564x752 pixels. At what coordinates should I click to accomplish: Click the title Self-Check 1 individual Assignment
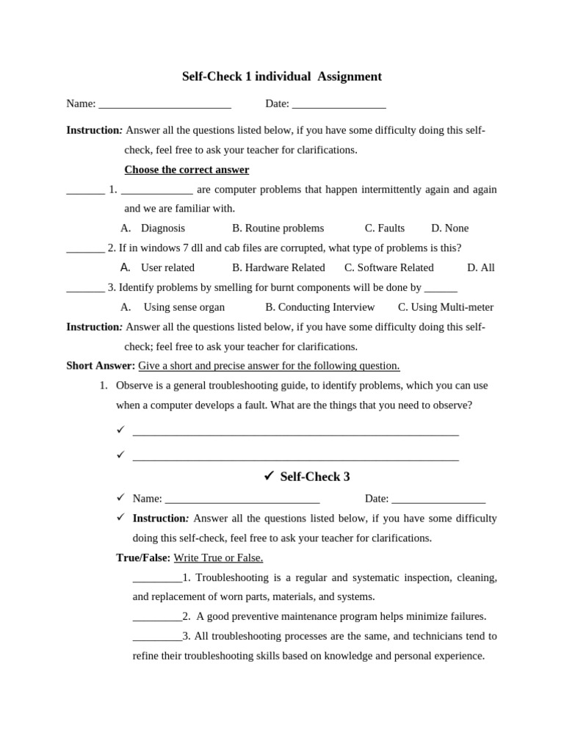282,76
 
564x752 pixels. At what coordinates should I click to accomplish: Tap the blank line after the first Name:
164,105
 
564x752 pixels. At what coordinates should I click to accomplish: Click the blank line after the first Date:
339,105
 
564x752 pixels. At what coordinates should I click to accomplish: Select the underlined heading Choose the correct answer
187,170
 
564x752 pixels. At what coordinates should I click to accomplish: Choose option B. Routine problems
278,228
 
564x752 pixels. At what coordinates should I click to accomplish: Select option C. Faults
385,228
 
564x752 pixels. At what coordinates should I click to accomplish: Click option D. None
449,228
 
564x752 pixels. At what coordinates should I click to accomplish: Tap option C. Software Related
389,267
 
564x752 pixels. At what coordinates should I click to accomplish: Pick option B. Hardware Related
278,267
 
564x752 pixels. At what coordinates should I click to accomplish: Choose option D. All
481,267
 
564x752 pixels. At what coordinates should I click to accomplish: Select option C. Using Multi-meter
446,307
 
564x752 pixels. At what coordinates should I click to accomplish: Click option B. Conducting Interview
320,307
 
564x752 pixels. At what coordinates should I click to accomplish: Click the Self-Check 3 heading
315,477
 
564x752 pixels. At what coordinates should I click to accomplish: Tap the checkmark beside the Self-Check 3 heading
269,476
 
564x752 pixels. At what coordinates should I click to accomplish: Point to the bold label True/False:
143,557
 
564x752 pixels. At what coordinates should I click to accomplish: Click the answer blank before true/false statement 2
157,618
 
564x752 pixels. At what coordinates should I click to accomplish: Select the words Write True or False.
218,557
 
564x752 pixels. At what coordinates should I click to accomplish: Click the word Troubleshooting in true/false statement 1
231,577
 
